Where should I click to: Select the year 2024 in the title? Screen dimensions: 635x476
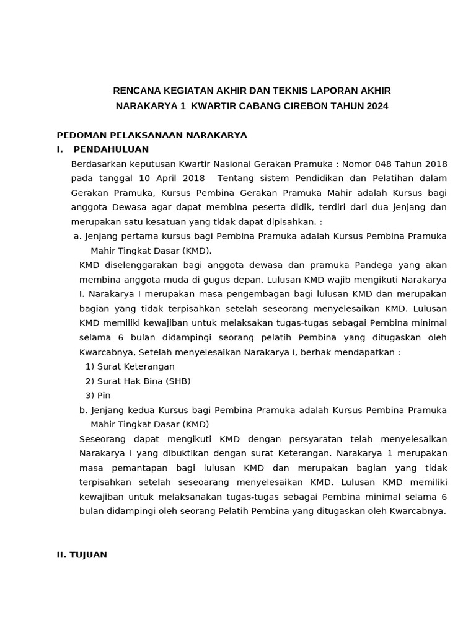377,106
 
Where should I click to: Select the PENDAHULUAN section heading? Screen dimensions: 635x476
111,149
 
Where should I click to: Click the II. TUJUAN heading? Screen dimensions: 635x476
82,555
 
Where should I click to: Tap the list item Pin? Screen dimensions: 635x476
104,396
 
